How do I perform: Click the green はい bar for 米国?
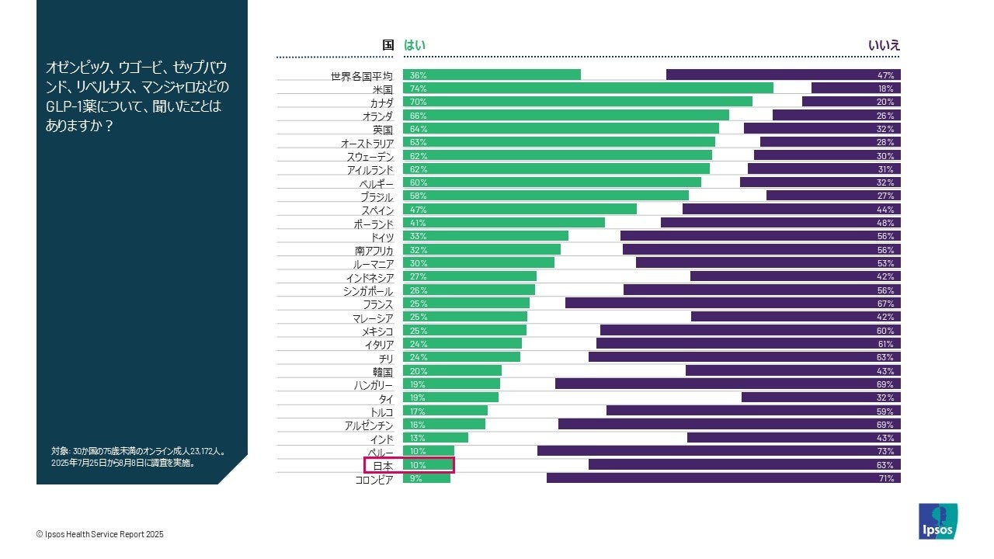point(588,89)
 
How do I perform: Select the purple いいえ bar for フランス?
point(732,304)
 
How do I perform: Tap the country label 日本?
point(383,466)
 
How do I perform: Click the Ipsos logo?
point(937,522)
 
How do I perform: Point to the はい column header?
point(415,46)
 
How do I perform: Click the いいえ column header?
point(884,46)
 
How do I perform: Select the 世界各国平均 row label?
point(362,76)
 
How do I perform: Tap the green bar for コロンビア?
point(426,479)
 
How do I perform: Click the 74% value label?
point(419,89)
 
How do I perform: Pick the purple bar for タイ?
point(821,398)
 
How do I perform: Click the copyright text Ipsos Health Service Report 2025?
point(100,534)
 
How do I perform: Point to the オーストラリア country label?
point(367,144)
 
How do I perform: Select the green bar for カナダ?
point(578,102)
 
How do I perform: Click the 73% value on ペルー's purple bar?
point(885,451)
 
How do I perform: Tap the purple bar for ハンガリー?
point(728,384)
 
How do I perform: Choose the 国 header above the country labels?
point(388,46)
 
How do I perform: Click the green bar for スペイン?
point(520,210)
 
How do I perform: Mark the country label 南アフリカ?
point(374,251)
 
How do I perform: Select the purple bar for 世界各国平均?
point(783,75)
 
